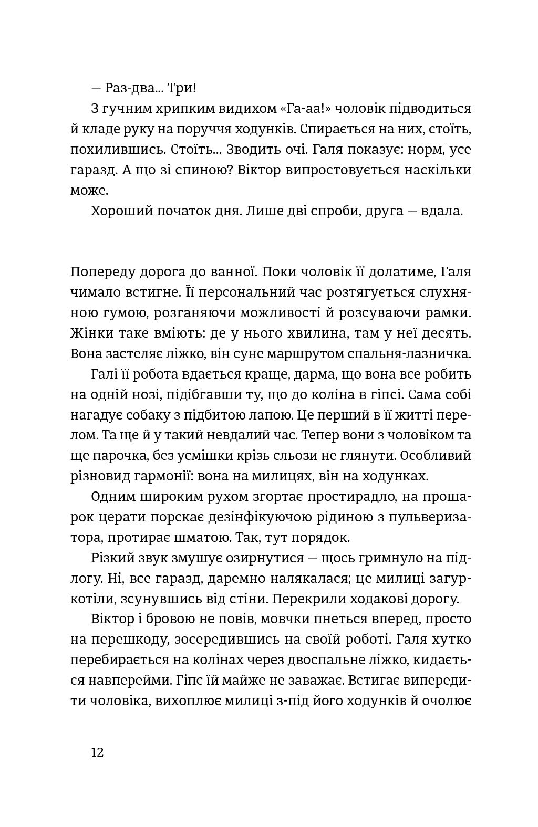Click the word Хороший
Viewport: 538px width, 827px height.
(x=121, y=211)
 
